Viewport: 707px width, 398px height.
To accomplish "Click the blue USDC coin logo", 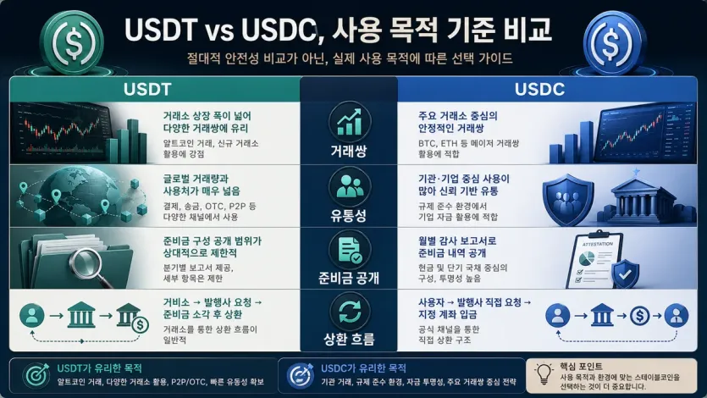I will click(627, 36).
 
